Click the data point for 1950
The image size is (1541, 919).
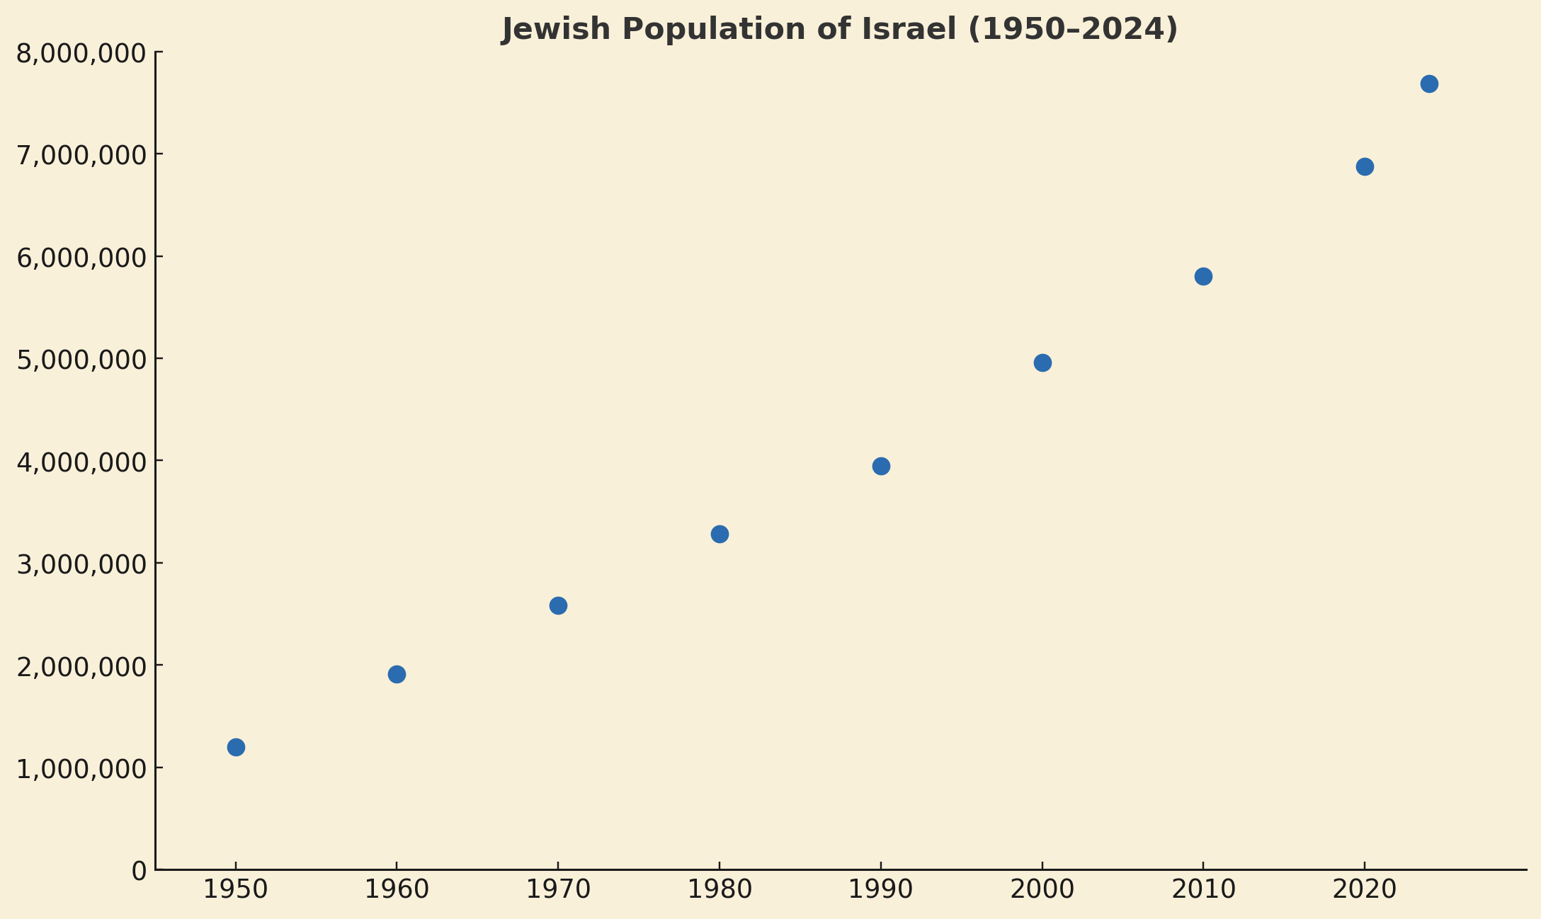pos(236,747)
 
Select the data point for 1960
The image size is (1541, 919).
pos(397,674)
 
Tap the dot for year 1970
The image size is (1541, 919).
pos(558,605)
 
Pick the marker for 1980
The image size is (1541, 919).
pos(720,534)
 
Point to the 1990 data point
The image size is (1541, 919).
pos(881,466)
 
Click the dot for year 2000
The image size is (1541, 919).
pos(1042,363)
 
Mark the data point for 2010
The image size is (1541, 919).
pos(1203,276)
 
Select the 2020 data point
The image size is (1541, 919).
pos(1365,166)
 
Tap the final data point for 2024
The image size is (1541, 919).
pos(1429,84)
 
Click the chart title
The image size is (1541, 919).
pos(839,30)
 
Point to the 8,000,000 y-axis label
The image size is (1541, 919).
pos(81,54)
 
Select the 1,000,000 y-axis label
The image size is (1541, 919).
pos(81,769)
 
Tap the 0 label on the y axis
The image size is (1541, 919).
pos(139,871)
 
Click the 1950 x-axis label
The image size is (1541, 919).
pos(236,890)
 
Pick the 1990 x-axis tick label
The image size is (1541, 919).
pos(881,890)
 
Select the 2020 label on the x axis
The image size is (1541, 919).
pos(1365,890)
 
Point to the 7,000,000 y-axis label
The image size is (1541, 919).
pos(81,156)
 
